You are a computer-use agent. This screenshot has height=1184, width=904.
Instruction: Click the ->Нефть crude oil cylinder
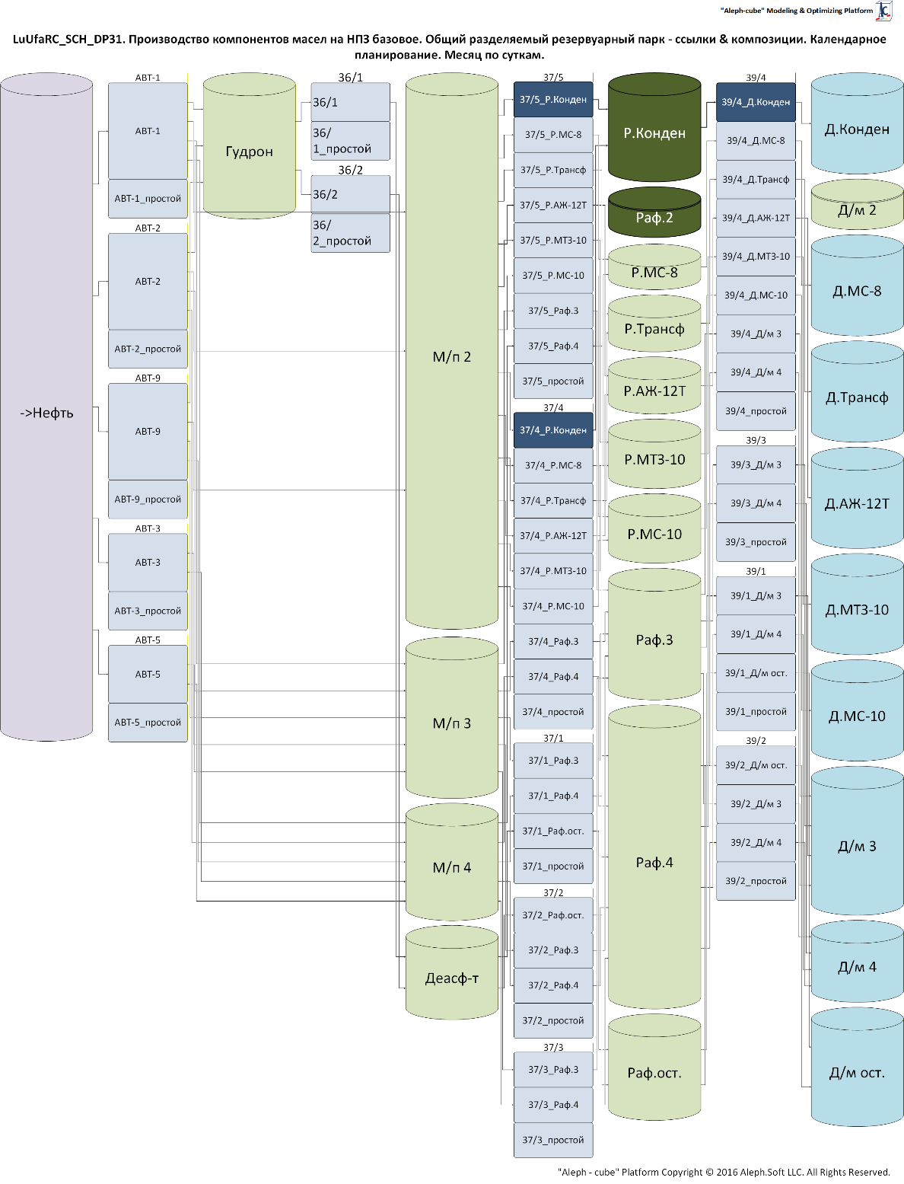pyautogui.click(x=46, y=413)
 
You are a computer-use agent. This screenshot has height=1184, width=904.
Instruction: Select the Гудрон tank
pyautogui.click(x=249, y=152)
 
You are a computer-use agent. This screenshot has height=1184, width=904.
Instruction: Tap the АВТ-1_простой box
pyautogui.click(x=148, y=199)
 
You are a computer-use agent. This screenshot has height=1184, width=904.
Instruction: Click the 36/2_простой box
pyautogui.click(x=350, y=233)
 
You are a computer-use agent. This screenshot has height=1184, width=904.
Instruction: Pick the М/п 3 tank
pyautogui.click(x=452, y=723)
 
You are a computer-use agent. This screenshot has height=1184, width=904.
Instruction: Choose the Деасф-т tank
pyautogui.click(x=452, y=978)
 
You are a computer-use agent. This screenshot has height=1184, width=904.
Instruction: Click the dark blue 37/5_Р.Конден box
pyautogui.click(x=553, y=100)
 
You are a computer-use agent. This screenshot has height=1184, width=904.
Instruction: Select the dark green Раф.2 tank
pyautogui.click(x=654, y=218)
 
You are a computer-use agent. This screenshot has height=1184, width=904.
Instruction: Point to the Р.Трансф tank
pyautogui.click(x=654, y=329)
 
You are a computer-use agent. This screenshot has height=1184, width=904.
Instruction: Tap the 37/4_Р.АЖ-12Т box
pyautogui.click(x=553, y=536)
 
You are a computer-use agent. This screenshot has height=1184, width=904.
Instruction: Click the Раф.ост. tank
pyautogui.click(x=654, y=1073)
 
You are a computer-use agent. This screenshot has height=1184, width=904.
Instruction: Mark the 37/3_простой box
pyautogui.click(x=553, y=1140)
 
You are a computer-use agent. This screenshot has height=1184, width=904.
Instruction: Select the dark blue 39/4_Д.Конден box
pyautogui.click(x=756, y=102)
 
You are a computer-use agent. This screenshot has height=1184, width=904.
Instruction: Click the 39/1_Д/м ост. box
pyautogui.click(x=756, y=673)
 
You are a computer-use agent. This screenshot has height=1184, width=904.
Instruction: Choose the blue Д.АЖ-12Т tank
pyautogui.click(x=857, y=503)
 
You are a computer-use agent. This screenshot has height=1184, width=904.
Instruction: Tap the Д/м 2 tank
pyautogui.click(x=857, y=210)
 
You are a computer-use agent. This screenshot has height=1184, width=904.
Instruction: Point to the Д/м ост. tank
pyautogui.click(x=857, y=1073)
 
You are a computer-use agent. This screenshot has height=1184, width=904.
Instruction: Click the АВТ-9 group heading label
pyautogui.click(x=148, y=378)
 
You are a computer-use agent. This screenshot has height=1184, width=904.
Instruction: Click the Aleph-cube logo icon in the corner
pyautogui.click(x=883, y=11)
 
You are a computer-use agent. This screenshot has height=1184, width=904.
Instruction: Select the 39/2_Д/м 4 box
pyautogui.click(x=756, y=843)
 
